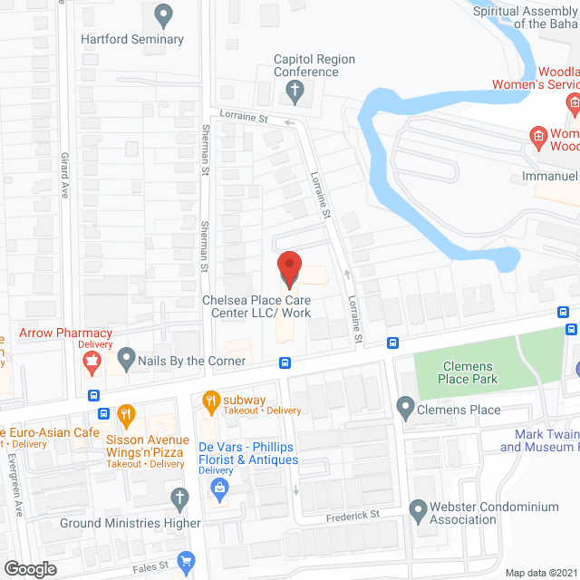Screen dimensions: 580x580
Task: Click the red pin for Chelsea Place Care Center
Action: click(x=288, y=268)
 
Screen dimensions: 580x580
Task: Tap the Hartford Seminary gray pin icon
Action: click(x=164, y=14)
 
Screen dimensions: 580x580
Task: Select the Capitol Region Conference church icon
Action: click(x=294, y=90)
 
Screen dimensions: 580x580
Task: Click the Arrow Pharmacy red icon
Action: click(x=91, y=363)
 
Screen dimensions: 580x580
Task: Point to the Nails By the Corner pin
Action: click(x=126, y=360)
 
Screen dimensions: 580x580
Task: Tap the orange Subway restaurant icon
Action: click(x=211, y=400)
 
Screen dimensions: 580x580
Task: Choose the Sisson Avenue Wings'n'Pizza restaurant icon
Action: click(x=127, y=416)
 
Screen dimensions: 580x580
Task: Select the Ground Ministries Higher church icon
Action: click(x=179, y=497)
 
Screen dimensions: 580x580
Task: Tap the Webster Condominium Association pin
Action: click(x=418, y=512)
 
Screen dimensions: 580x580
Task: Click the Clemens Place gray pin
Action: click(x=405, y=410)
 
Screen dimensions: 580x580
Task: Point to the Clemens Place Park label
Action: click(x=469, y=372)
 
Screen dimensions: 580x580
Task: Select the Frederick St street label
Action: click(x=353, y=515)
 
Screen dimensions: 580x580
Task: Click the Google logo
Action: click(x=29, y=568)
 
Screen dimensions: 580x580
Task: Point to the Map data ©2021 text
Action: click(x=539, y=573)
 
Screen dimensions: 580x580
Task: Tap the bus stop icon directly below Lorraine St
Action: click(x=392, y=343)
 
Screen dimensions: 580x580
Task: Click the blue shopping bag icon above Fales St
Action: click(x=187, y=561)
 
